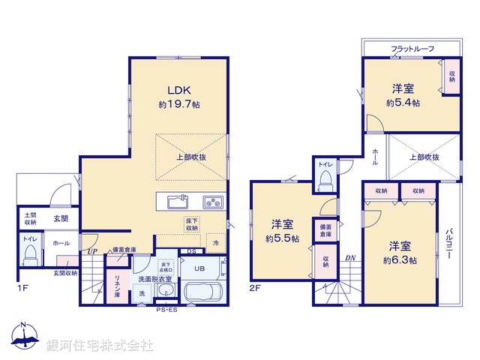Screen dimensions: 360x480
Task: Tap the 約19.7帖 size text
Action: pyautogui.click(x=178, y=106)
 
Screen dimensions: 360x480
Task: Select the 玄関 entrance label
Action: pyautogui.click(x=61, y=219)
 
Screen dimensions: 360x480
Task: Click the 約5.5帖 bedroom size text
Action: pyautogui.click(x=282, y=238)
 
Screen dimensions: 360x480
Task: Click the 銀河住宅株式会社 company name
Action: pyautogui.click(x=100, y=346)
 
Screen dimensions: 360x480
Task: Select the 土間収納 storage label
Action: pyautogui.click(x=29, y=218)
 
